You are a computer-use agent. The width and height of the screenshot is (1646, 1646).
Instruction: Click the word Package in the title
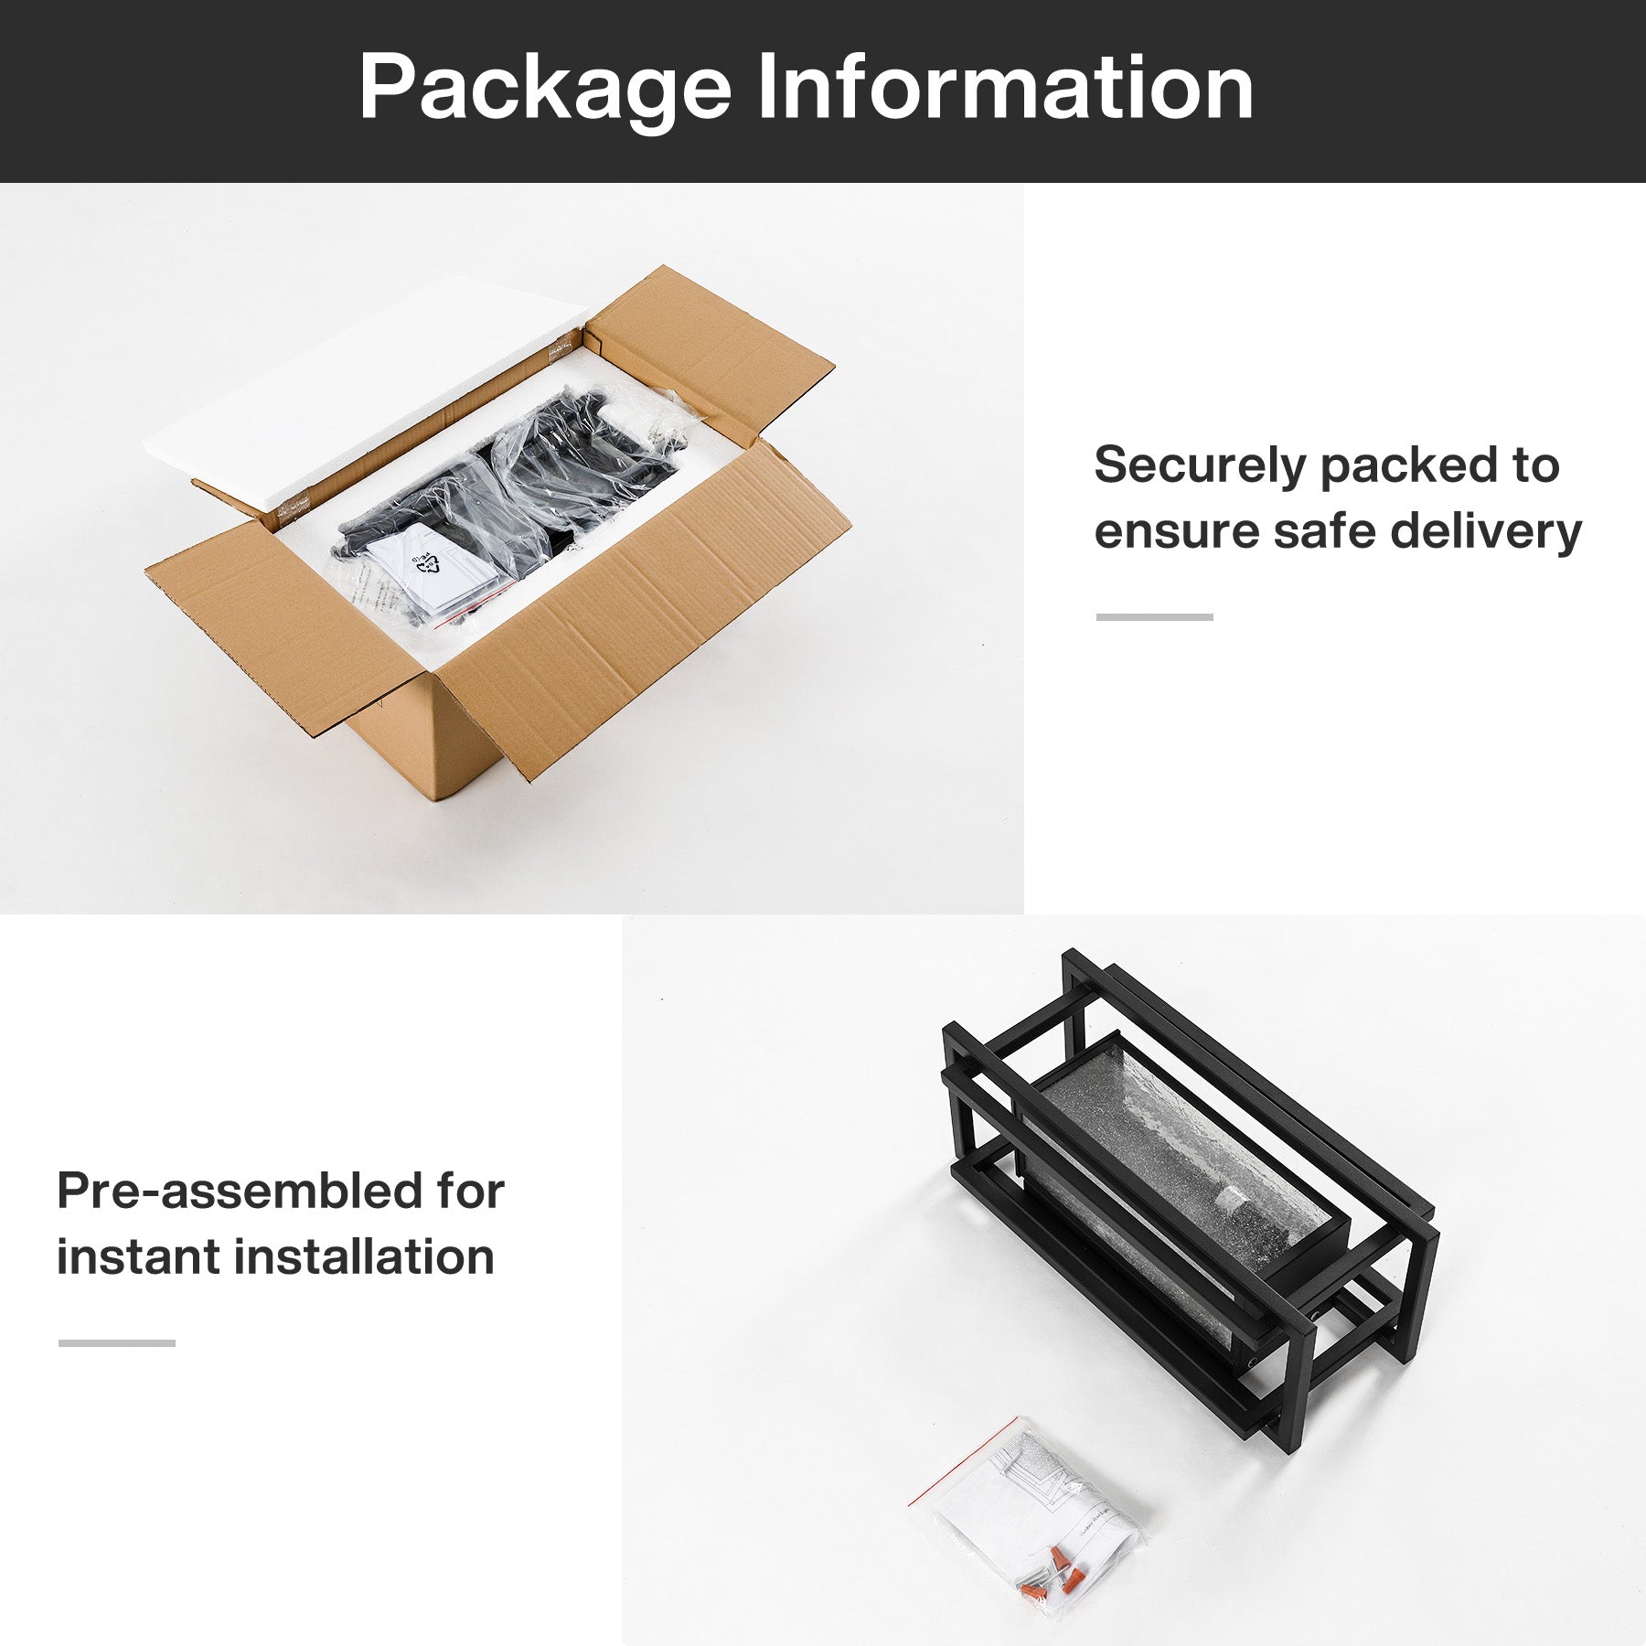[545, 89]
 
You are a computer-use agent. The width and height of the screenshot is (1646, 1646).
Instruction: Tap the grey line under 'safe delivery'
[1154, 617]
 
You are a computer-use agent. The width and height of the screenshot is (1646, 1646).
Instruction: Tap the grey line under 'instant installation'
[116, 1343]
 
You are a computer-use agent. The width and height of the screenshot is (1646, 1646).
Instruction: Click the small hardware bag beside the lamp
[1029, 1518]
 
